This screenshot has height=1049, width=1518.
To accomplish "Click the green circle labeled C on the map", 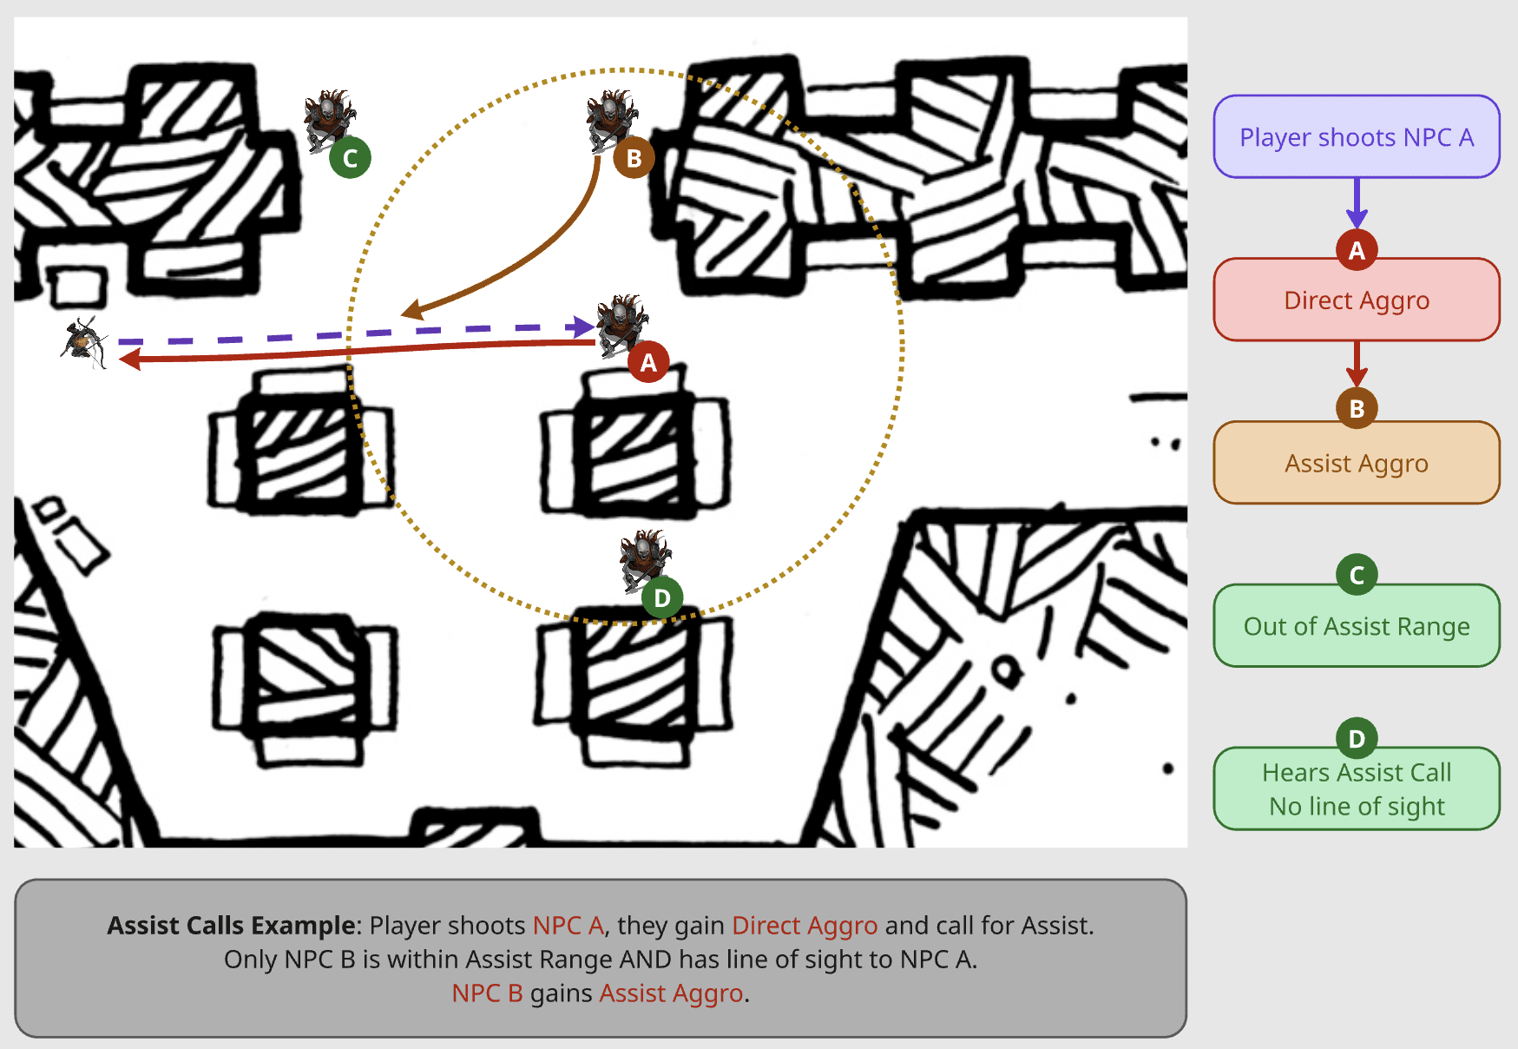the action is point(350,158).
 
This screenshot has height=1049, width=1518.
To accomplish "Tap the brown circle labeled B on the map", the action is point(634,158).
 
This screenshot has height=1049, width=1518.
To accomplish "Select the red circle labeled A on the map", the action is point(648,362).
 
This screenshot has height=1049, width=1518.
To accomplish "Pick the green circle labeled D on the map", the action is point(662,597).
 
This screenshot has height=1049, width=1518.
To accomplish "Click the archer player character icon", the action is point(84,342).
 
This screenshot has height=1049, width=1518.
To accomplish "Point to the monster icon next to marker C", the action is point(329,119).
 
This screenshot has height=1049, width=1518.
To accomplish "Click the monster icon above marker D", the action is point(645,560).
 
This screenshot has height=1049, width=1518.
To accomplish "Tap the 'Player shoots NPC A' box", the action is point(1357,137).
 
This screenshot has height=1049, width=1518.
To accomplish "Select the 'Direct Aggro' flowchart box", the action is point(1357,300).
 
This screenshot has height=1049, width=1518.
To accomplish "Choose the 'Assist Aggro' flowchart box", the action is point(1357,463).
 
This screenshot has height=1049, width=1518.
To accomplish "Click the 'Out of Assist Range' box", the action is point(1357,626).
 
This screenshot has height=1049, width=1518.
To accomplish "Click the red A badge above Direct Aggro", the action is point(1357,250).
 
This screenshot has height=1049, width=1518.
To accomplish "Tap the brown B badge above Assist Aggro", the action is point(1357,407).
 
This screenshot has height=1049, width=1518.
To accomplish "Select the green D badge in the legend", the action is point(1357,738).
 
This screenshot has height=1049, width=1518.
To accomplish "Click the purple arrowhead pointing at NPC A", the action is point(582,327).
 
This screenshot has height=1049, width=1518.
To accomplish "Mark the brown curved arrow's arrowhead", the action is point(412,309).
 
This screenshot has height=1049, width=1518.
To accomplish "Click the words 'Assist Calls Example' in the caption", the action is point(231,926).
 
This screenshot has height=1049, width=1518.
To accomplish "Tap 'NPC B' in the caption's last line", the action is point(487,993).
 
